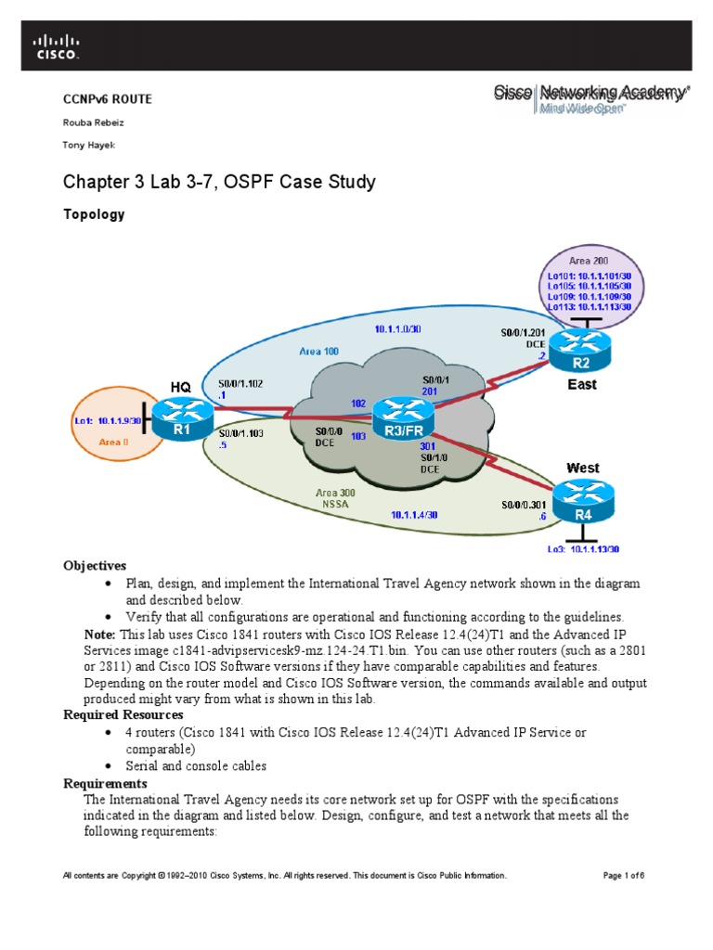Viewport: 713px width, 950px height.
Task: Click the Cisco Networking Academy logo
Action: point(590,97)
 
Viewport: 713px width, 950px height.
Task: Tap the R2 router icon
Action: point(568,349)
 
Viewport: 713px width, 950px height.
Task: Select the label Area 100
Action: point(318,352)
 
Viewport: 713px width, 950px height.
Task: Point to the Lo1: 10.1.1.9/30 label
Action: point(106,420)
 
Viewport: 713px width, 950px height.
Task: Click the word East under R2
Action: point(582,383)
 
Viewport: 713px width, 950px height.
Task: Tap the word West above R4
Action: point(582,469)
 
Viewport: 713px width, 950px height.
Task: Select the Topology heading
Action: point(93,214)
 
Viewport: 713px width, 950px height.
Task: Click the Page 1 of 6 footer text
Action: point(623,875)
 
